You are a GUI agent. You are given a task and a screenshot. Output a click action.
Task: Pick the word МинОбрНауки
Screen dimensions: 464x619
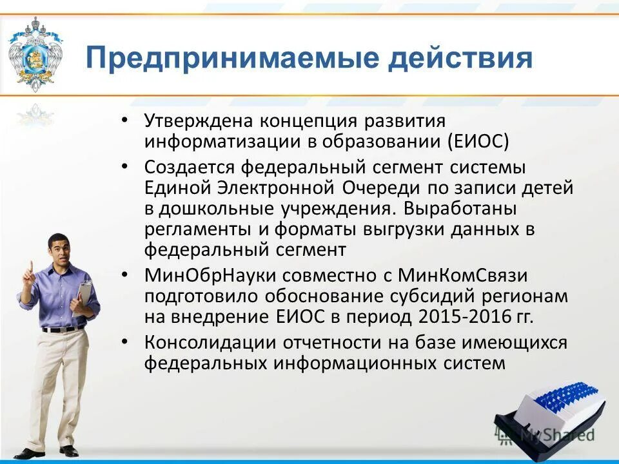(201, 276)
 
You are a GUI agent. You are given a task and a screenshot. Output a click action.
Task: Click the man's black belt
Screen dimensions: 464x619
(63, 329)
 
